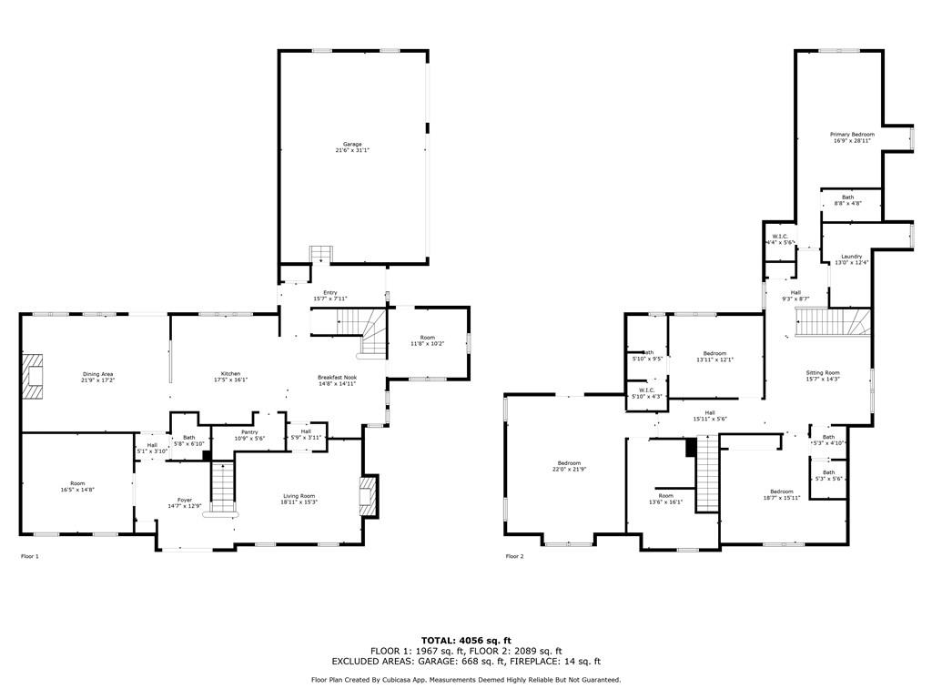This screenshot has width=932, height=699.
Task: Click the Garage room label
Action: pyautogui.click(x=352, y=144)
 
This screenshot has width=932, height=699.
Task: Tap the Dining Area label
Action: pyautogui.click(x=98, y=374)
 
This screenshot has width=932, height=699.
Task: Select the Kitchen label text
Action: pyautogui.click(x=231, y=374)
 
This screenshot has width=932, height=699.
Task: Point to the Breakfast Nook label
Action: pyautogui.click(x=337, y=378)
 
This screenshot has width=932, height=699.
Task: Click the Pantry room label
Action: pyautogui.click(x=249, y=432)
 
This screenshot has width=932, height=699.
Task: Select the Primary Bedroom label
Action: pyautogui.click(x=852, y=134)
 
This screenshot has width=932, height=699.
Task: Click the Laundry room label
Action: pyautogui.click(x=851, y=257)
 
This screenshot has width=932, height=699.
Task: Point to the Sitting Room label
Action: pyautogui.click(x=823, y=372)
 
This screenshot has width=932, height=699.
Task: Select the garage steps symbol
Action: pyautogui.click(x=320, y=252)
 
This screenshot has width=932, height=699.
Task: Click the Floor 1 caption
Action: pyautogui.click(x=30, y=555)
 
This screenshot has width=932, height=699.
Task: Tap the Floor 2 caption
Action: pyautogui.click(x=515, y=555)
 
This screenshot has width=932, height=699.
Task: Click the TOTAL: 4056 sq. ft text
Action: pyautogui.click(x=466, y=640)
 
